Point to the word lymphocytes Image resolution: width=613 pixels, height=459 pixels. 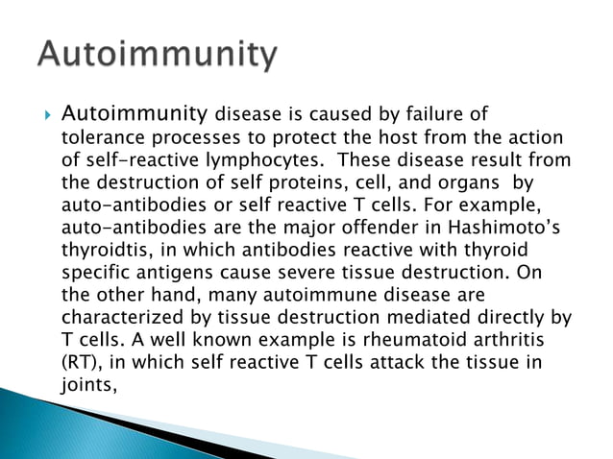pos(242,159)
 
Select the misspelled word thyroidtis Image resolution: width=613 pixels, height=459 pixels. pos(106,249)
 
